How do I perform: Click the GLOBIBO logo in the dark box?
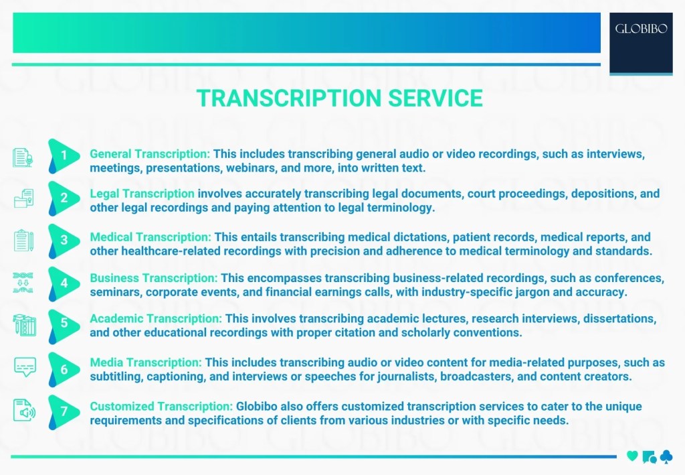coord(641,29)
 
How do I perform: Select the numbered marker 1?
coord(64,156)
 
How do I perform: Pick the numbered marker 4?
coord(64,283)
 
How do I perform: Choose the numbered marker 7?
coord(64,411)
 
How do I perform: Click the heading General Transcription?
coord(150,154)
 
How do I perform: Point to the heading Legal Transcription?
coord(142,194)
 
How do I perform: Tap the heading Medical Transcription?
coord(151,237)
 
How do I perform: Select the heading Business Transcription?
coord(154,277)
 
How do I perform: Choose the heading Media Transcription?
coord(146,362)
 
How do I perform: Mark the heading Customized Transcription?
coord(161,406)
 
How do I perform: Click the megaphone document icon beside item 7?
coord(25,411)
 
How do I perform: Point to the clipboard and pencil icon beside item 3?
coord(24,241)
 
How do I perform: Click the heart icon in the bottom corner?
coord(632,456)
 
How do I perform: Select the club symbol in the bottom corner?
coord(666,456)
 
